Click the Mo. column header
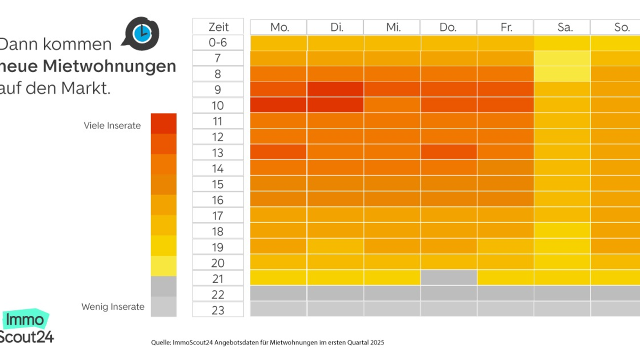click(279, 27)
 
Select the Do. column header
click(448, 27)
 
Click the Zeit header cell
click(218, 27)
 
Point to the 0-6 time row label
click(218, 42)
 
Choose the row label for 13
click(218, 153)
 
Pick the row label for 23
click(218, 310)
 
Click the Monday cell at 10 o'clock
click(278, 105)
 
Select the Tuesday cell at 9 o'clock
click(335, 89)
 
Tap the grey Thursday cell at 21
click(448, 277)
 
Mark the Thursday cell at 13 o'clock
click(448, 152)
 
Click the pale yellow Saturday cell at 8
click(562, 74)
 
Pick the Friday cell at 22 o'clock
click(505, 293)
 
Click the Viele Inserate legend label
click(112, 126)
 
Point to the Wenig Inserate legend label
click(113, 307)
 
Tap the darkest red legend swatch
click(163, 123)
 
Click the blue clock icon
click(141, 33)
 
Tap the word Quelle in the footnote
click(161, 342)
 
